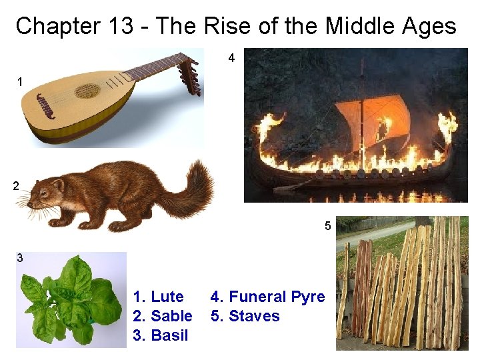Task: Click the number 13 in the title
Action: (119, 27)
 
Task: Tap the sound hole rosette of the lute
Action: (87, 91)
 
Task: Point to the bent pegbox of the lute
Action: (191, 75)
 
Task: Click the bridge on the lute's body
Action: (46, 106)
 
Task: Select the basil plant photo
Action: (71, 299)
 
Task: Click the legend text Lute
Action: (167, 297)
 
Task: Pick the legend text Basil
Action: (169, 335)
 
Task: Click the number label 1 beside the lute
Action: (20, 82)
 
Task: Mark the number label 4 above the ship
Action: (231, 59)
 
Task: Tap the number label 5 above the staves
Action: (327, 226)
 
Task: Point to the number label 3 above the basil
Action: (20, 258)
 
